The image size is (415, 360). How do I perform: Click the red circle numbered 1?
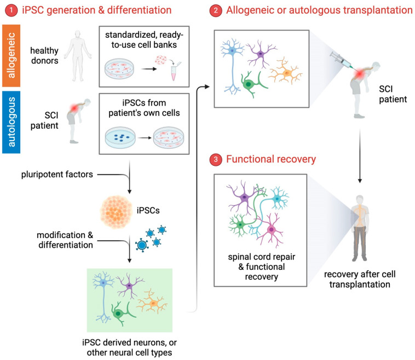(11, 10)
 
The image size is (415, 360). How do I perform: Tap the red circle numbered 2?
(216, 10)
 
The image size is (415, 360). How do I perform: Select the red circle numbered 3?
(216, 160)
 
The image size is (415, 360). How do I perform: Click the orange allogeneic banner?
(11, 56)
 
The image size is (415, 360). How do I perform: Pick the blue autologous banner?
(11, 122)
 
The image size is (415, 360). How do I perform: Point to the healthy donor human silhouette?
(78, 56)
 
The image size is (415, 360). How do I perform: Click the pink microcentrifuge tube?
(174, 73)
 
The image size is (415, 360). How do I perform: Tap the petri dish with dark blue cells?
(120, 137)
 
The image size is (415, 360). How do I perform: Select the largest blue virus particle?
(142, 245)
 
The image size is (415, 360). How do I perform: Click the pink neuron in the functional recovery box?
(270, 229)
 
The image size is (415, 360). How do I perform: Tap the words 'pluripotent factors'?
(57, 175)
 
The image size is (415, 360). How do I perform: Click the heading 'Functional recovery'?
(271, 159)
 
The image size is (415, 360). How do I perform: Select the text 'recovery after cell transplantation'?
(360, 280)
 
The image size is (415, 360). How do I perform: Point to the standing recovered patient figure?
(360, 228)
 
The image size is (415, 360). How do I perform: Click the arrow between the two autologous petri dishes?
(144, 138)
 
